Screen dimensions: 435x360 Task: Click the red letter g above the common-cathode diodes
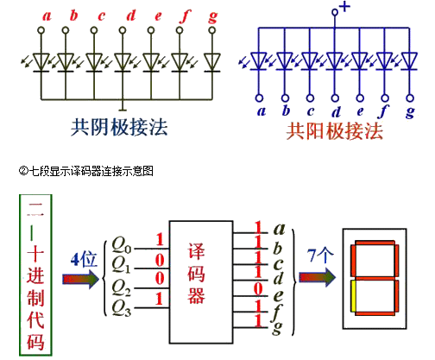tap(213, 17)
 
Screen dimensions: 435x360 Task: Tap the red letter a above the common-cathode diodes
tap(47, 16)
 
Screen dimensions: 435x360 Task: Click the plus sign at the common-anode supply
tap(344, 7)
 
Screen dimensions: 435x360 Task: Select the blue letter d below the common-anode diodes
tap(336, 111)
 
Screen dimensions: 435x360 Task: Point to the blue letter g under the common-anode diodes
tap(410, 112)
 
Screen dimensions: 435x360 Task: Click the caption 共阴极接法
tap(119, 128)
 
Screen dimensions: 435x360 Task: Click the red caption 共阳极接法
tap(335, 131)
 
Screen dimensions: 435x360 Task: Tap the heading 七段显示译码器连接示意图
tap(91, 171)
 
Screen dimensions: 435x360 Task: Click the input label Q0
tap(121, 244)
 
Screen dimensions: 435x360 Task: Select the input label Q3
tap(121, 307)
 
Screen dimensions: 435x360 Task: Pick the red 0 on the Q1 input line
tap(160, 261)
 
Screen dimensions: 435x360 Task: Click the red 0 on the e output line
tap(258, 288)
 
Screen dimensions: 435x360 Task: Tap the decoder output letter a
tap(279, 229)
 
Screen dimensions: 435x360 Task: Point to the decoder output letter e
tap(278, 295)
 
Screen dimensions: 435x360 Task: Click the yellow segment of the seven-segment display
tap(353, 296)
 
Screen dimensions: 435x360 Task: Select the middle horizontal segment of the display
tap(375, 278)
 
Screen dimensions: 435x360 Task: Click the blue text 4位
tap(84, 259)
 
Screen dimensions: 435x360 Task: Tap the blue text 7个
tap(320, 256)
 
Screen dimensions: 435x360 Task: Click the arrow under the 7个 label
tap(317, 277)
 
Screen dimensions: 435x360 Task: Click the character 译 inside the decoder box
tap(197, 251)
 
